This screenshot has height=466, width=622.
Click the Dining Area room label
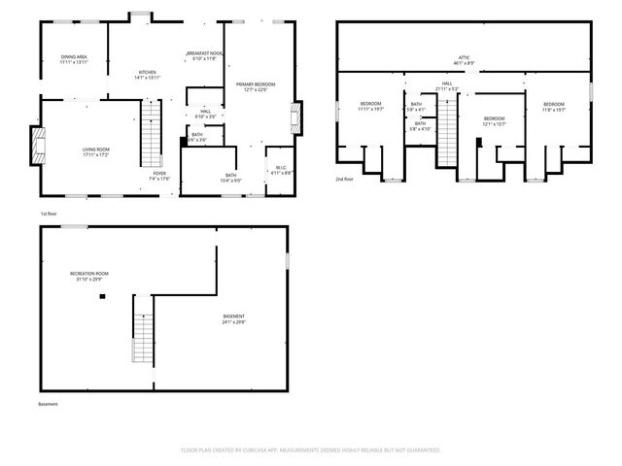pyautogui.click(x=75, y=59)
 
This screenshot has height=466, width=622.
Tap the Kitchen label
pyautogui.click(x=147, y=75)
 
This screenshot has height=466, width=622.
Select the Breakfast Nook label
pyautogui.click(x=205, y=55)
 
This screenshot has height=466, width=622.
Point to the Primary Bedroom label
pyautogui.click(x=256, y=87)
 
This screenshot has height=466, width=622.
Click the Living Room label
pyautogui.click(x=95, y=151)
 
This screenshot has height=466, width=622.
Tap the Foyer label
pyautogui.click(x=159, y=176)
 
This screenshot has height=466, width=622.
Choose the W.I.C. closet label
pyautogui.click(x=279, y=170)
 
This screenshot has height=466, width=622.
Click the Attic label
pyautogui.click(x=464, y=60)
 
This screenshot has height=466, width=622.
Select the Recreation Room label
pyautogui.click(x=88, y=277)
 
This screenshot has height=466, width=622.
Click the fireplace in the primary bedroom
pyautogui.click(x=294, y=122)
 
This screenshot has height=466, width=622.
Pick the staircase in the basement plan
pyautogui.click(x=143, y=330)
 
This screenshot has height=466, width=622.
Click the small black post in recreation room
pyautogui.click(x=102, y=296)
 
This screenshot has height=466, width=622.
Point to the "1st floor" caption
pyautogui.click(x=50, y=213)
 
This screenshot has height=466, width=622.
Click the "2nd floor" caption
pyautogui.click(x=345, y=179)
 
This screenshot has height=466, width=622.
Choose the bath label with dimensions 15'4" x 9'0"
pyautogui.click(x=231, y=178)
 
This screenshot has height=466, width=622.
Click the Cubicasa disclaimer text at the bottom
pyautogui.click(x=311, y=450)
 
